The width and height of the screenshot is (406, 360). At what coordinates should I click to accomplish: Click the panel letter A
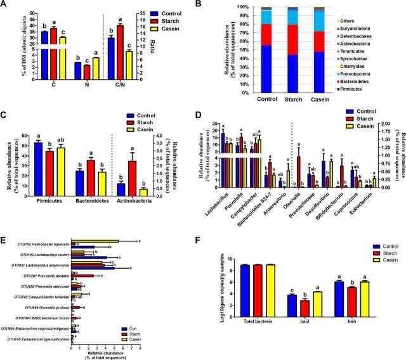pyautogui.click(x=5, y=5)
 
